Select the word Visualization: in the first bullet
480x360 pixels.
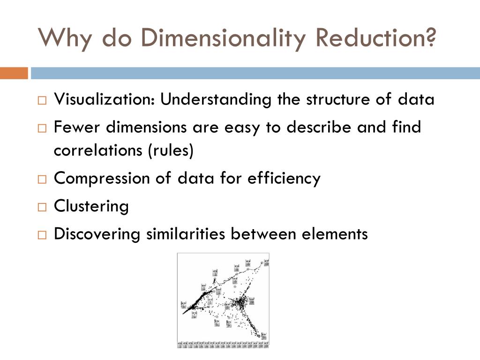pyautogui.click(x=105, y=99)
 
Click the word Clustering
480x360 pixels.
pyautogui.click(x=91, y=206)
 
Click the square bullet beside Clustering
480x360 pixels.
pyautogui.click(x=42, y=207)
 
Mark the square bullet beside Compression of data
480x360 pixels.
pyautogui.click(x=42, y=180)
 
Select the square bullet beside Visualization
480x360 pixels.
pyautogui.click(x=42, y=100)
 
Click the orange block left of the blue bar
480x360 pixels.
pyautogui.click(x=14, y=74)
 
